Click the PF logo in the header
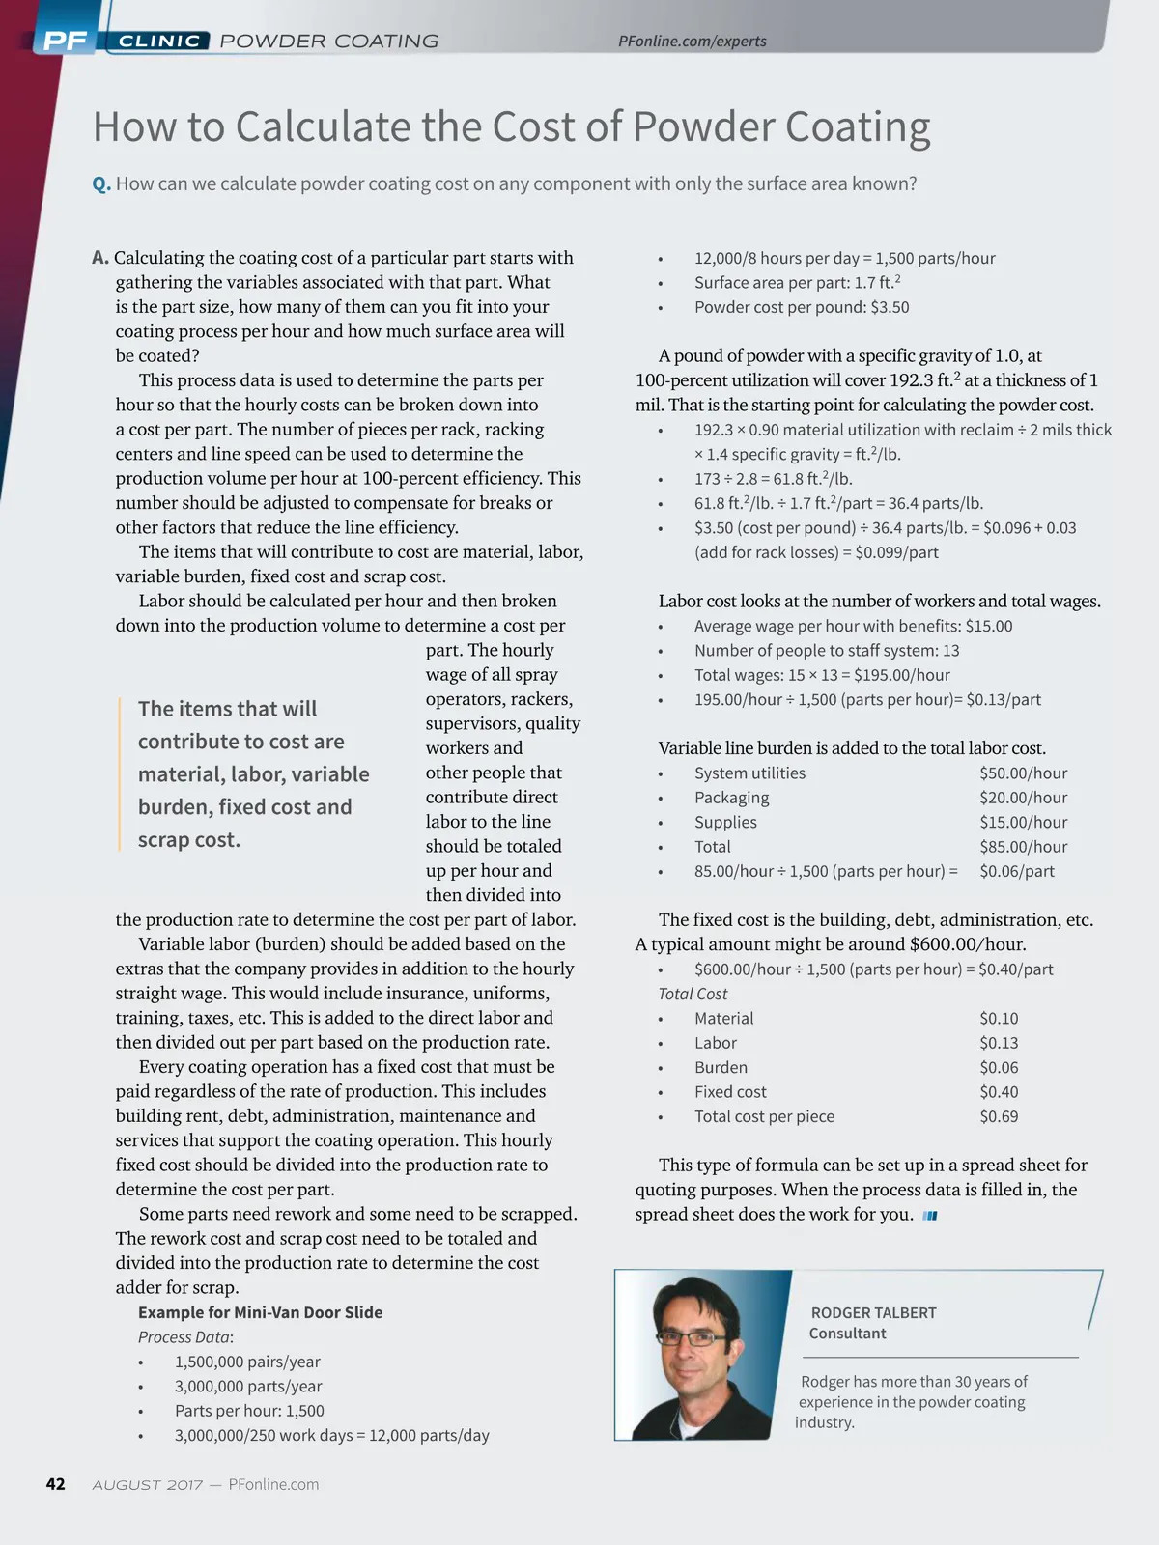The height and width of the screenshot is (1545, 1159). pos(65,41)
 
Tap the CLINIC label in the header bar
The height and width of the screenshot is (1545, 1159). pos(159,41)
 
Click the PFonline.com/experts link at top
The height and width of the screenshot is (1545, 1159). pos(692,41)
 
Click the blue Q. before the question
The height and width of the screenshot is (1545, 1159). pos(101,183)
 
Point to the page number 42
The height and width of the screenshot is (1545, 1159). pos(56,1484)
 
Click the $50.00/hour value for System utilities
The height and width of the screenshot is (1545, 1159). pos(1023,772)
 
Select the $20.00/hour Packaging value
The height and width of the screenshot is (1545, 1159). pos(1023,798)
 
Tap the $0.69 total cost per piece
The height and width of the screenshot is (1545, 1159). pos(999,1116)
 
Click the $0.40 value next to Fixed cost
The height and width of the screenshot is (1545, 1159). pos(999,1091)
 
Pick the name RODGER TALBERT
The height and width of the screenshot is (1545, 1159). pos(873,1312)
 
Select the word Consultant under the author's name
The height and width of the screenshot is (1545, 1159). pos(847,1334)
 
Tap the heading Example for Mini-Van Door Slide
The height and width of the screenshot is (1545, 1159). pos(260,1312)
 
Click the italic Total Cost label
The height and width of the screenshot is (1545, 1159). pos(693,994)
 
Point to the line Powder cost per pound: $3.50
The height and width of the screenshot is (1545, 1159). pos(801,307)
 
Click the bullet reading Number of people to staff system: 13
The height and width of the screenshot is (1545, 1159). pos(826,651)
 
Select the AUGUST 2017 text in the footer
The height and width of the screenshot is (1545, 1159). pos(147,1485)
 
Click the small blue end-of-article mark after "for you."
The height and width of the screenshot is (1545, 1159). pos(930,1216)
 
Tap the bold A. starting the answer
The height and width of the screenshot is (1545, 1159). pos(100,258)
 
